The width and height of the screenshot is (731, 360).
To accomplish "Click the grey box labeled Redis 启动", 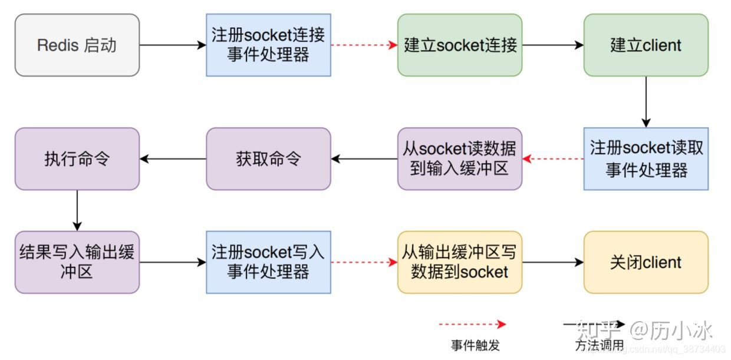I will [x=77, y=45].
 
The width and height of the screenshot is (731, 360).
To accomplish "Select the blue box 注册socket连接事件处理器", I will [x=268, y=45].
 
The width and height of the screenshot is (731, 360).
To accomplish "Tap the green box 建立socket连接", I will [x=460, y=45].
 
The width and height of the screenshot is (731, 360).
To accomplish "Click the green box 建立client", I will [x=646, y=45].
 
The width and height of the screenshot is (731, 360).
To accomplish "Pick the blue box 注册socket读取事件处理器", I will [x=646, y=159].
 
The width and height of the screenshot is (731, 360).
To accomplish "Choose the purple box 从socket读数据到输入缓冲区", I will [x=460, y=159].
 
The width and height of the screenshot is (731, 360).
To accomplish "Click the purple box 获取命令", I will [x=268, y=159].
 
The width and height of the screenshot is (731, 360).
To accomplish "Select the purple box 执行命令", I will [x=77, y=159].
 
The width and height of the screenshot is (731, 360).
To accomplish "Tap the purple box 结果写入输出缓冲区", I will [x=77, y=262].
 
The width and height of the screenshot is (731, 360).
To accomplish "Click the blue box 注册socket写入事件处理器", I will [x=268, y=262].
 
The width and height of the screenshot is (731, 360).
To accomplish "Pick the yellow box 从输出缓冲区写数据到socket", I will [x=460, y=262].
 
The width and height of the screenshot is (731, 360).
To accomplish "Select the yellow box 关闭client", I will [x=646, y=262].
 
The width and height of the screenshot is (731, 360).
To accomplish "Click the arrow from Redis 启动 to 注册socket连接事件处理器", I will [x=173, y=45].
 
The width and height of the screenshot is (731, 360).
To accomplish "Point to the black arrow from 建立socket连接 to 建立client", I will [x=552, y=45].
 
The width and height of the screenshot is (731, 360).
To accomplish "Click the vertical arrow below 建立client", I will [x=646, y=101].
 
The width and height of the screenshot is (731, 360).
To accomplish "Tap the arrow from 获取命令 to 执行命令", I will [x=173, y=158].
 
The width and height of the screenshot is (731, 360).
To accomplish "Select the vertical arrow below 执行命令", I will [x=77, y=210].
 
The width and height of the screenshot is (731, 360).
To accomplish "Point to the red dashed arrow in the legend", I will [x=472, y=324].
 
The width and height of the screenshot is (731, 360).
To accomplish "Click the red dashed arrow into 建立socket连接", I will [x=364, y=45].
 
